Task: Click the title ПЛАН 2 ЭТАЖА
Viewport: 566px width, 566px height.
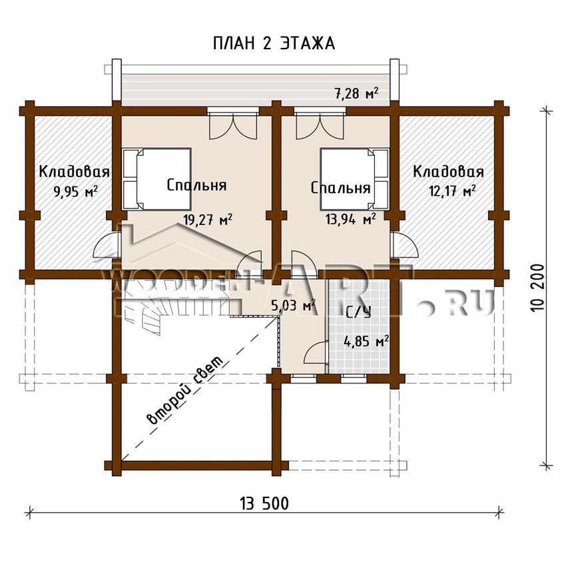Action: [x=274, y=43]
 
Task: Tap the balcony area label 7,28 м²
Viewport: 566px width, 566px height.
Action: [x=357, y=93]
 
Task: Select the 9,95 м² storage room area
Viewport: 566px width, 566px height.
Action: [x=76, y=191]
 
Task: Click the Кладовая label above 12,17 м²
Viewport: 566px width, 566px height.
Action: [x=448, y=171]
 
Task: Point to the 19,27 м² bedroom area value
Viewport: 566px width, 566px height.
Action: [x=208, y=219]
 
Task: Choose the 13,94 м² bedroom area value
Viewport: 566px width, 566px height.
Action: [x=350, y=218]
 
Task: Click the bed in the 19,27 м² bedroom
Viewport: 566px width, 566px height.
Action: [x=157, y=178]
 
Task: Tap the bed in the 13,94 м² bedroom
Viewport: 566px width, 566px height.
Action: [x=354, y=178]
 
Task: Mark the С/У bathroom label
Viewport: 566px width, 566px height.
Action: [x=359, y=312]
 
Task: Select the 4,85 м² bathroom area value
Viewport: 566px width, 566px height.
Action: [x=366, y=341]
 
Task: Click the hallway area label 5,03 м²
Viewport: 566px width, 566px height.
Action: [x=294, y=306]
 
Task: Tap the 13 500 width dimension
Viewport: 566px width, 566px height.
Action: [x=264, y=503]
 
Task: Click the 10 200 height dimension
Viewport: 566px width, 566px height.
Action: [x=537, y=289]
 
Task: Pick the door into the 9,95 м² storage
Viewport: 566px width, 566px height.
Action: [x=107, y=246]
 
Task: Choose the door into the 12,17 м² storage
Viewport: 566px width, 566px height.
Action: [x=404, y=246]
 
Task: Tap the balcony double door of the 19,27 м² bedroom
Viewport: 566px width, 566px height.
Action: [x=234, y=125]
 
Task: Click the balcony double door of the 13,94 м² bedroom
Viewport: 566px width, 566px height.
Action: [x=320, y=125]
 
